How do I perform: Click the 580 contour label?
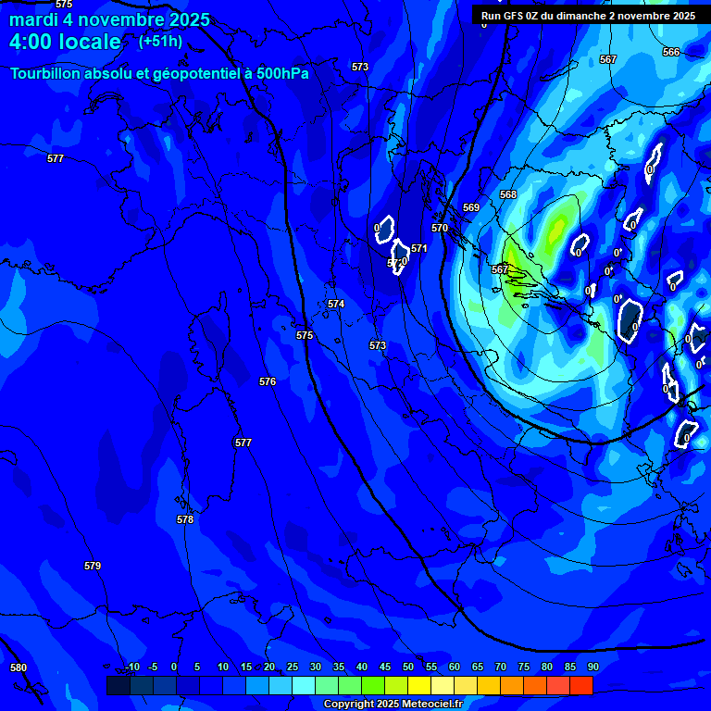(x=19, y=667)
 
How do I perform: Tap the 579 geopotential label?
(x=93, y=566)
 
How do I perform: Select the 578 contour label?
(x=185, y=519)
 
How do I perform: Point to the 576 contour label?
(x=268, y=381)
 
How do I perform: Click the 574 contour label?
(x=336, y=304)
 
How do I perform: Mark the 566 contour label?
(x=671, y=52)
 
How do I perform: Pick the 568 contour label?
(x=508, y=194)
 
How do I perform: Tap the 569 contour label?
(x=471, y=207)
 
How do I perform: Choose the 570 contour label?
(x=440, y=228)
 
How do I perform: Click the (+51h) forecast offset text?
(x=160, y=42)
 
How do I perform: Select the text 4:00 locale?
(x=65, y=42)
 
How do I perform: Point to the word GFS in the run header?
(x=516, y=16)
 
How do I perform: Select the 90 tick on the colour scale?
(x=592, y=667)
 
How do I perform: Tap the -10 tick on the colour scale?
(x=132, y=667)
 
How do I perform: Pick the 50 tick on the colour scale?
(x=408, y=667)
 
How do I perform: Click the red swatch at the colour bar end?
(x=581, y=685)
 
